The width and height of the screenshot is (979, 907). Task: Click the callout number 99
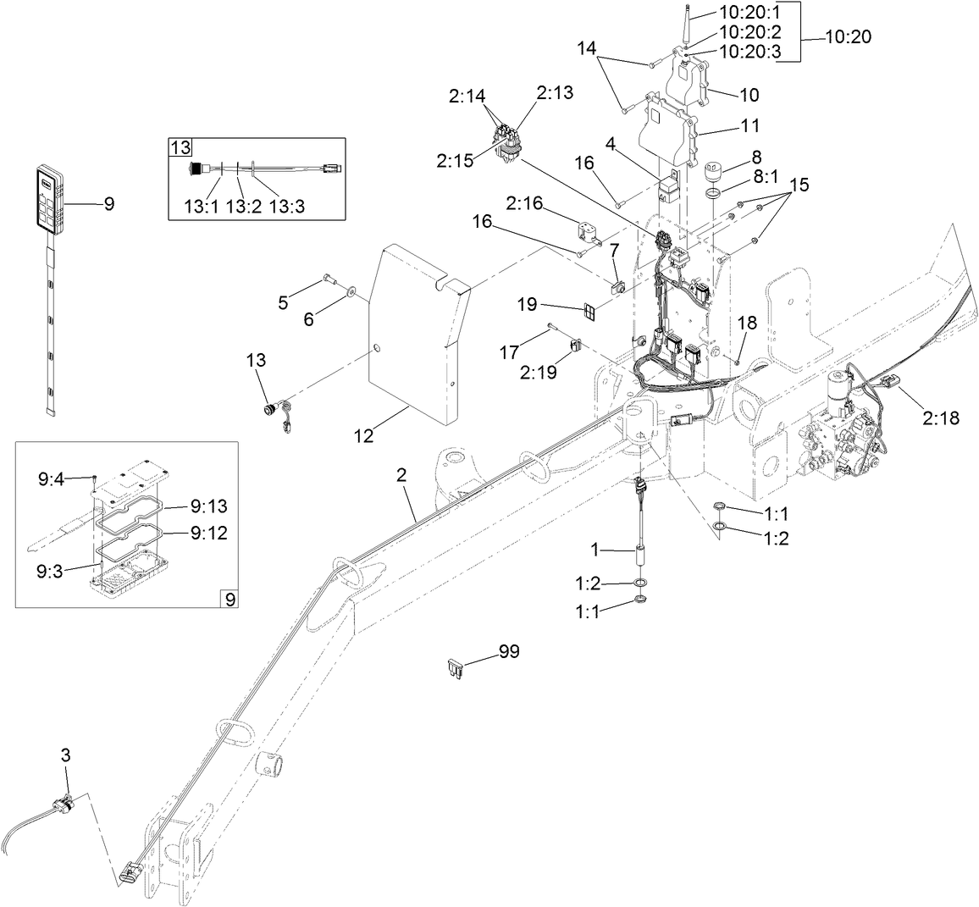pos(509,651)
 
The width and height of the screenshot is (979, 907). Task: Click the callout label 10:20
pos(847,37)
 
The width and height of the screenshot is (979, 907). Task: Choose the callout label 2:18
pos(941,418)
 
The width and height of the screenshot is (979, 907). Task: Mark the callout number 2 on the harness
pos(402,475)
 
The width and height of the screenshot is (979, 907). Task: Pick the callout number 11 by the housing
pos(751,126)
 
